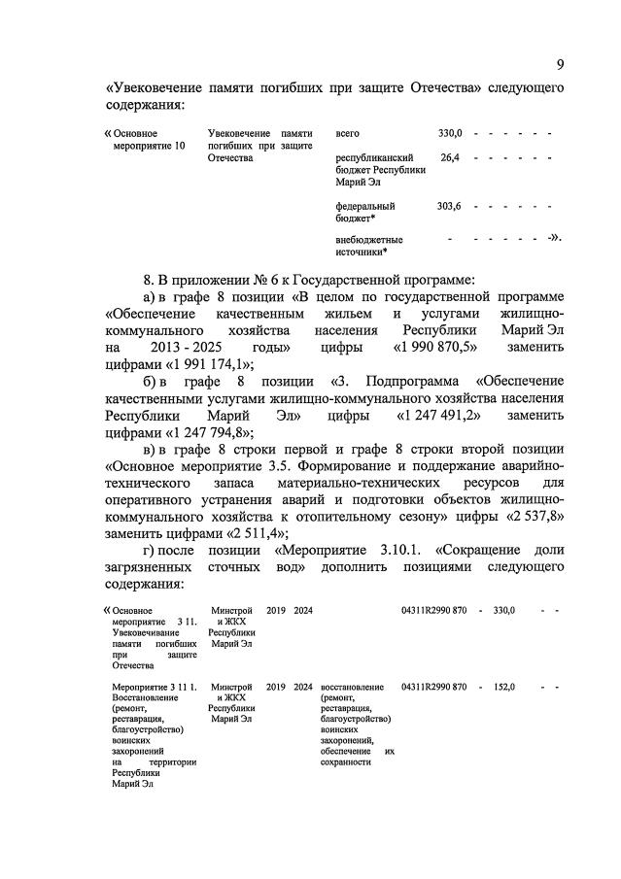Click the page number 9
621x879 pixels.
click(560, 64)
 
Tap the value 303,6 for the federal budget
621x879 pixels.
click(449, 206)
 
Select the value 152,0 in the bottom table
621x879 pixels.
click(502, 687)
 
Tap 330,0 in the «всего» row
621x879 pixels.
click(450, 132)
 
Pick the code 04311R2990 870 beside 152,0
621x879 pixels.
click(433, 687)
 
